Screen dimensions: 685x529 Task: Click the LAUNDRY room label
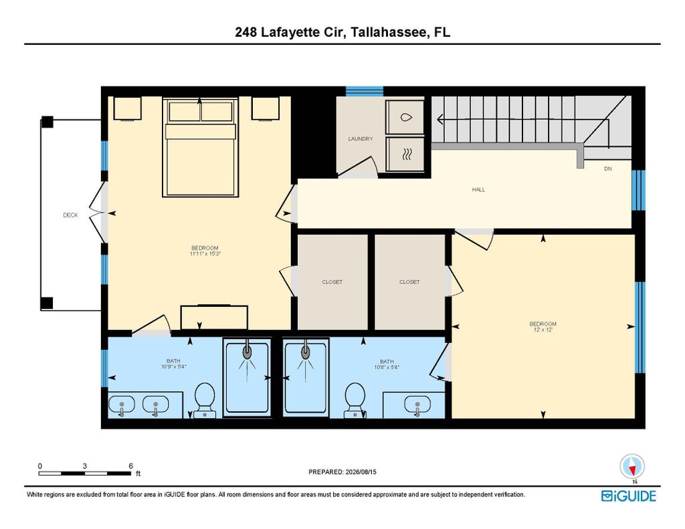click(x=361, y=139)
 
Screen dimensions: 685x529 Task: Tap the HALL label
click(x=478, y=189)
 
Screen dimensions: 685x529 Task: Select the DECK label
click(x=70, y=215)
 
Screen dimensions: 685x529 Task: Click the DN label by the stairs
click(x=607, y=169)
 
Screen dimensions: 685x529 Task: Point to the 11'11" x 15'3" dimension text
click(x=205, y=253)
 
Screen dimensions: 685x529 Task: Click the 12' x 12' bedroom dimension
click(x=543, y=329)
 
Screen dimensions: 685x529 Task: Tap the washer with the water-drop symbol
click(x=405, y=117)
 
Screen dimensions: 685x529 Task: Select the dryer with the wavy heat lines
click(x=405, y=154)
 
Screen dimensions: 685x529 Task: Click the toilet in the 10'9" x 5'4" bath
click(x=205, y=400)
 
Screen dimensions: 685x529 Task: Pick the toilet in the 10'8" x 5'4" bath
click(x=355, y=400)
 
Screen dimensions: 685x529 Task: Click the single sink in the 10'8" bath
click(x=417, y=405)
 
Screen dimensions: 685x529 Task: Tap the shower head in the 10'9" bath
click(x=248, y=351)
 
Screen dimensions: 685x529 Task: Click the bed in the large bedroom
click(x=201, y=146)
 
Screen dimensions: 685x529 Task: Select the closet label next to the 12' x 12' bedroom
click(x=409, y=282)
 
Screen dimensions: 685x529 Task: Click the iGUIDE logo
click(x=629, y=496)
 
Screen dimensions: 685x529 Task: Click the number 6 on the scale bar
click(x=130, y=466)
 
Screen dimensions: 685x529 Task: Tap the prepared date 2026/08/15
click(x=361, y=471)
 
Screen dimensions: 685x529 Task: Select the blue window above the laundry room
click(x=365, y=92)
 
